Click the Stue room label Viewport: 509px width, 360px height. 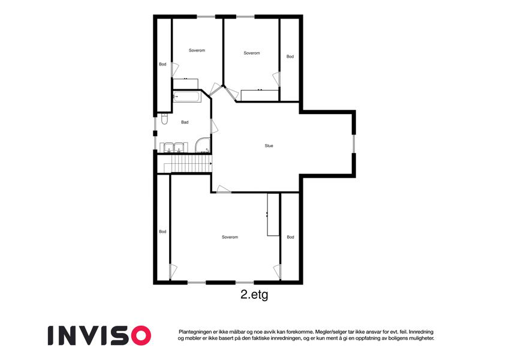[269, 146]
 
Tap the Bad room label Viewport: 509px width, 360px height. [185, 122]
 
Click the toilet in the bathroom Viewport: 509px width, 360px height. [164, 119]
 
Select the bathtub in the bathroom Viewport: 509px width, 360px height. [186, 97]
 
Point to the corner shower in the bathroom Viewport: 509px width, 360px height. [203, 145]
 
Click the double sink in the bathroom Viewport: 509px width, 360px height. [174, 147]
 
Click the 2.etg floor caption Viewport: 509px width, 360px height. [254, 295]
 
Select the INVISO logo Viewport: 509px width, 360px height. [100, 335]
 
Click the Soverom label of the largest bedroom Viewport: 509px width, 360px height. [230, 237]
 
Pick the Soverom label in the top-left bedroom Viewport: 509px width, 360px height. [197, 50]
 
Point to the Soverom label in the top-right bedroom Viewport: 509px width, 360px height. [252, 53]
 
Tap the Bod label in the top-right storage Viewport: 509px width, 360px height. [290, 56]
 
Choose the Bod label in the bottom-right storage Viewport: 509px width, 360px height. [290, 237]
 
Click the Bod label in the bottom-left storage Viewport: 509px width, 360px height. [162, 232]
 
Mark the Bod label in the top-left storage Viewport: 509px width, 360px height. [162, 64]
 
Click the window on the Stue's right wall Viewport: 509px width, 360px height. [354, 143]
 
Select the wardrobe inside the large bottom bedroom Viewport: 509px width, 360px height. [273, 214]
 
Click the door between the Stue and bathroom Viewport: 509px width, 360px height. [214, 126]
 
